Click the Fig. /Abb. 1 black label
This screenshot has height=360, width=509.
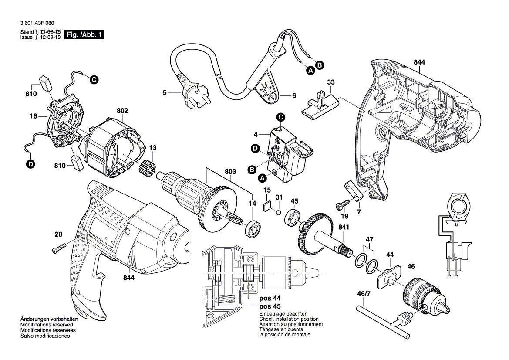(84, 35)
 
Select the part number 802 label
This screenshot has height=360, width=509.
(122, 111)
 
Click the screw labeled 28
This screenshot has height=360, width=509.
(58, 249)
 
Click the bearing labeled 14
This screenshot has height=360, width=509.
(253, 228)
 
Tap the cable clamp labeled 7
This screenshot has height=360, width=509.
(354, 190)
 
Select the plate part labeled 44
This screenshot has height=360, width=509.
(387, 275)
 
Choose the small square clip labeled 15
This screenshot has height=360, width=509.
(268, 205)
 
